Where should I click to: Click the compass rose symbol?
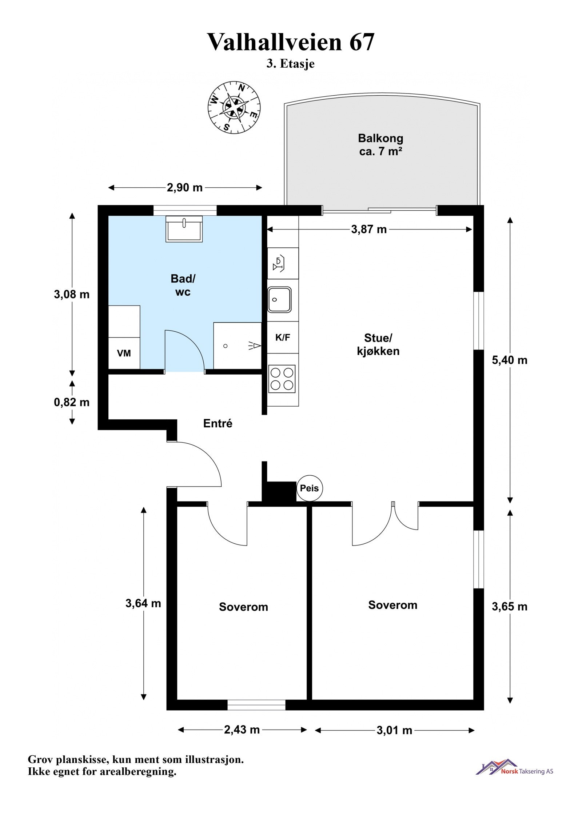[x=234, y=107]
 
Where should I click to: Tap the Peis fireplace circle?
[x=309, y=488]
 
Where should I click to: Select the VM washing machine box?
[x=124, y=353]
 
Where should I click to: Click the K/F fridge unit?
[x=283, y=337]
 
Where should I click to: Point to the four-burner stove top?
[x=282, y=379]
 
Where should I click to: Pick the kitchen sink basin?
[x=279, y=299]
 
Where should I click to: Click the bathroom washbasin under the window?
[x=184, y=229]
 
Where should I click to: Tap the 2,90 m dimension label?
[x=185, y=187]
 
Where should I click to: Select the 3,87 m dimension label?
[x=369, y=229]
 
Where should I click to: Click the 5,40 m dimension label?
[x=510, y=360]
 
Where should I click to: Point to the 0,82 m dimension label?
[x=72, y=402]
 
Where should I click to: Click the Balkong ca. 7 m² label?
[x=380, y=144]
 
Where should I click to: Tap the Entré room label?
[x=218, y=423]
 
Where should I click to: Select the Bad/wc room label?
[x=183, y=285]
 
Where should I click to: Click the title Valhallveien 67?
[x=291, y=42]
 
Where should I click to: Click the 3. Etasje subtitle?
[x=290, y=64]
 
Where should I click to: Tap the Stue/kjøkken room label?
[x=378, y=344]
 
